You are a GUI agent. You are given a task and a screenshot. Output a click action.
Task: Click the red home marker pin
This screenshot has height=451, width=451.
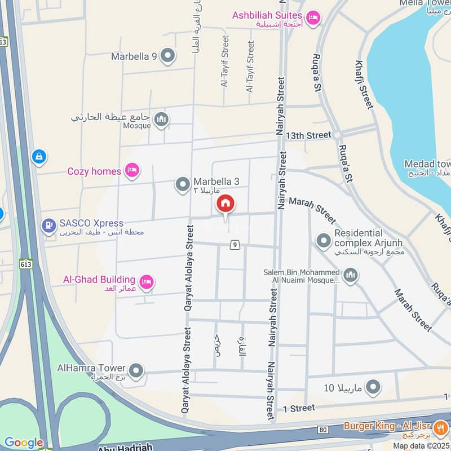coord(225,204)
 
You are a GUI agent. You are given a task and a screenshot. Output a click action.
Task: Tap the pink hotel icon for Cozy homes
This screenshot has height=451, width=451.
coord(132,170)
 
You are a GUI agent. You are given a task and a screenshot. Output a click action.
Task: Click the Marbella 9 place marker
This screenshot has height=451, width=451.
coord(167,56)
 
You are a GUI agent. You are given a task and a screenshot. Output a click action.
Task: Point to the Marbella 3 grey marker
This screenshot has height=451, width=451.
coord(183,184)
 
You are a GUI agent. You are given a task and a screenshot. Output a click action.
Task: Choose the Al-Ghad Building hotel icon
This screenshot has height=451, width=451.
coord(147,282)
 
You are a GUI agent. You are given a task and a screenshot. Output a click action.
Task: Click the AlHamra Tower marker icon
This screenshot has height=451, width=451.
coord(136,371)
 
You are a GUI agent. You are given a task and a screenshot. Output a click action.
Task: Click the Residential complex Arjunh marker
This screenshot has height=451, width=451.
coord(323,241)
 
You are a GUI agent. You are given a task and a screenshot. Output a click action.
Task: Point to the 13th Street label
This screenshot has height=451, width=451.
coord(308,135)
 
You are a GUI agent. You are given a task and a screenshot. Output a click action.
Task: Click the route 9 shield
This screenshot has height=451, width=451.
coord(235,245)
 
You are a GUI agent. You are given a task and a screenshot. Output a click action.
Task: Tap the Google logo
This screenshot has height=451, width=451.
coord(24,443)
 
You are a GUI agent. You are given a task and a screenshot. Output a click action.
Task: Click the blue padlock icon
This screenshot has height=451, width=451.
coord(39,156)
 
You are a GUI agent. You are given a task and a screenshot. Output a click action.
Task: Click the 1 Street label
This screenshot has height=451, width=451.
coord(299,408)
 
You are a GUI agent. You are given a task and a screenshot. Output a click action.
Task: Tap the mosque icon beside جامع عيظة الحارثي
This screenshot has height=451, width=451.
coord(162,120)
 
